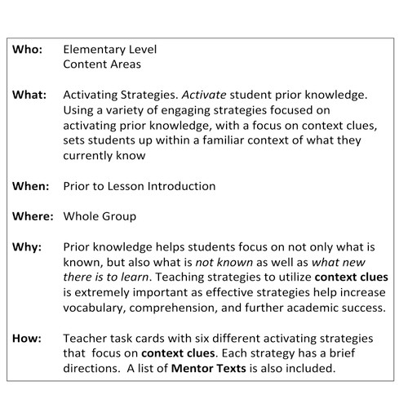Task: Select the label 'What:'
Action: point(29,94)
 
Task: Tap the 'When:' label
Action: point(30,186)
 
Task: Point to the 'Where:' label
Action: point(33,216)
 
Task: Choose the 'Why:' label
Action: point(27,246)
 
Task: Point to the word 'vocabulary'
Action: point(99,308)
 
